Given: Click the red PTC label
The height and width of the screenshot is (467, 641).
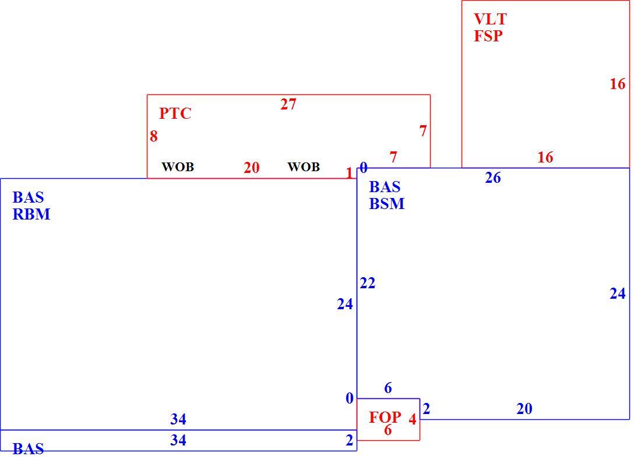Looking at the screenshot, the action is [175, 113].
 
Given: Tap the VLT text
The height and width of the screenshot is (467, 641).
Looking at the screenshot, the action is [490, 19].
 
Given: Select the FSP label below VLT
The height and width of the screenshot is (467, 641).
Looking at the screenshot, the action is [488, 36].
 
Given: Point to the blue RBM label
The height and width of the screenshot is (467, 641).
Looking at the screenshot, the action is [31, 214].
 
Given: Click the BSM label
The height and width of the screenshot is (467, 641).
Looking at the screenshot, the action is [387, 203].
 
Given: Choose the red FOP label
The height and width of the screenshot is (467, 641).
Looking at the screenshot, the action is [385, 417].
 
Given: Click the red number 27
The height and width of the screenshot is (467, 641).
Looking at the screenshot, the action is [288, 104].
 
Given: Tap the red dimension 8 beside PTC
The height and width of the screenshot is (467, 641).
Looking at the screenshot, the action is [154, 136].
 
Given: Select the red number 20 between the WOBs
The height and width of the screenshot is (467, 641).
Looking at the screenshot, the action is [251, 168].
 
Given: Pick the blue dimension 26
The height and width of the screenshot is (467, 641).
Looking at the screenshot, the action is [493, 178].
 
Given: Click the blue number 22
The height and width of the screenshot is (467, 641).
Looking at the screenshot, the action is [368, 283].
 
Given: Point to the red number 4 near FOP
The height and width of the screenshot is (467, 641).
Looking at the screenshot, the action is [413, 419].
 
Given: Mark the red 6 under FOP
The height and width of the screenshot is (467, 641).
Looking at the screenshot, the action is [388, 430].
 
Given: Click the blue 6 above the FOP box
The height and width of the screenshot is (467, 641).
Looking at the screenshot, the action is [388, 388].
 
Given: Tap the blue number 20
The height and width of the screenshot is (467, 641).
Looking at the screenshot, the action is [524, 409].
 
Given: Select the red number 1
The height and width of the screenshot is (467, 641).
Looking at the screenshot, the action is [349, 174].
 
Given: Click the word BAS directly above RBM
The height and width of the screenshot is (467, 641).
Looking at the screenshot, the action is [28, 197].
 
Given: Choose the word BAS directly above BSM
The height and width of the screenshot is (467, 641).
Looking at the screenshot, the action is [385, 187].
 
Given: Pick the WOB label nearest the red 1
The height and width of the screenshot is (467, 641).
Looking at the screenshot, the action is [304, 167].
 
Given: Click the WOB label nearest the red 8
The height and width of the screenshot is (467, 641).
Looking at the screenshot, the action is [178, 167].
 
